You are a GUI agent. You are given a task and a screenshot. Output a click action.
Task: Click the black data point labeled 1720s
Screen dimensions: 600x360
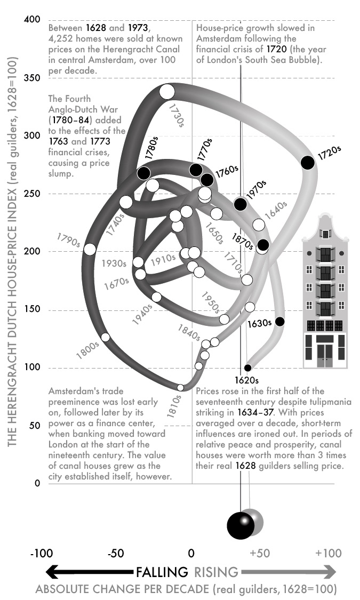tap(307, 163)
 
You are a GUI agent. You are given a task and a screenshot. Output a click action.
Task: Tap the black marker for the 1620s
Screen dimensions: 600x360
tap(247, 368)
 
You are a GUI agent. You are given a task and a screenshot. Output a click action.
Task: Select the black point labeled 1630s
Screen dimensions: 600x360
tap(279, 321)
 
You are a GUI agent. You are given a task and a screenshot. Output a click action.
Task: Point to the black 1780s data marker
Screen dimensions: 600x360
tap(143, 173)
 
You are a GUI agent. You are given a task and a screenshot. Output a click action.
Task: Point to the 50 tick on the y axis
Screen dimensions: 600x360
tap(35, 426)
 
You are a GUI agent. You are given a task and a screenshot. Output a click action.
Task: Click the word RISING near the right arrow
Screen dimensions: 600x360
tap(215, 573)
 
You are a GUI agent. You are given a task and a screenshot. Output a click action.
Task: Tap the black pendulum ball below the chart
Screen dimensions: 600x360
tap(241, 525)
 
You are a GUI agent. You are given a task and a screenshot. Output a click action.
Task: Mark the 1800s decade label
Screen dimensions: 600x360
tap(87, 347)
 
